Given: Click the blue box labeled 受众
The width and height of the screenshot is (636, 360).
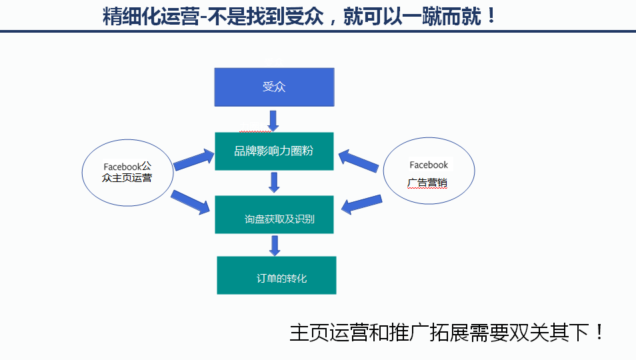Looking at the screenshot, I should coord(273,87).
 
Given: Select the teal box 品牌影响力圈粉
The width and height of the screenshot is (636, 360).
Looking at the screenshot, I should coord(274,151).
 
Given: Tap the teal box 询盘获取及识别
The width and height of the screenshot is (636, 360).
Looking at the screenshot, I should coord(274,215).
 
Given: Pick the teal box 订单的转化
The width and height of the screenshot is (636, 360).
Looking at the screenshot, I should coord(276,275).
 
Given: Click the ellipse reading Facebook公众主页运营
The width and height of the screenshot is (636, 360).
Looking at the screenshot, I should coord(128,172).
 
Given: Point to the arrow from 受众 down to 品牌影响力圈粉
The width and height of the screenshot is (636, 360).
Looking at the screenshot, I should coord(273,121).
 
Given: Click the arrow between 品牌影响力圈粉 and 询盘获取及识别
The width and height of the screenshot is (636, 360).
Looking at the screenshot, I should coord(273,183).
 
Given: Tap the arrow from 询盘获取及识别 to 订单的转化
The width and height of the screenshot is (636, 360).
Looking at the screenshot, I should coord(273,245).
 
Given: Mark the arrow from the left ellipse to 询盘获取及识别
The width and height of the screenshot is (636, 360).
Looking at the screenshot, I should coord(191,203).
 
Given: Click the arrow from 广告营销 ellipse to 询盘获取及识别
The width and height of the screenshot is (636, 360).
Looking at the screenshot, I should coord(362,204).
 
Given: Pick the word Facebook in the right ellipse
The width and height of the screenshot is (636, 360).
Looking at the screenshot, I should coord(429,165).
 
